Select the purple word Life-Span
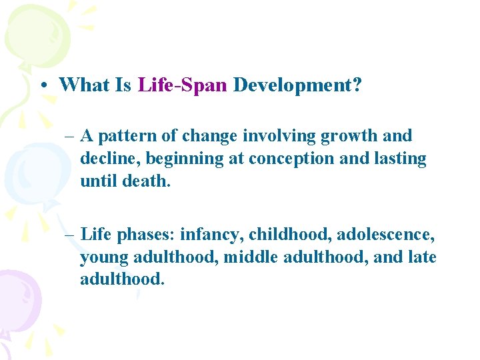[183, 85]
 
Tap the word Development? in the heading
[297, 85]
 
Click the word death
[147, 181]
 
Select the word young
[102, 257]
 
